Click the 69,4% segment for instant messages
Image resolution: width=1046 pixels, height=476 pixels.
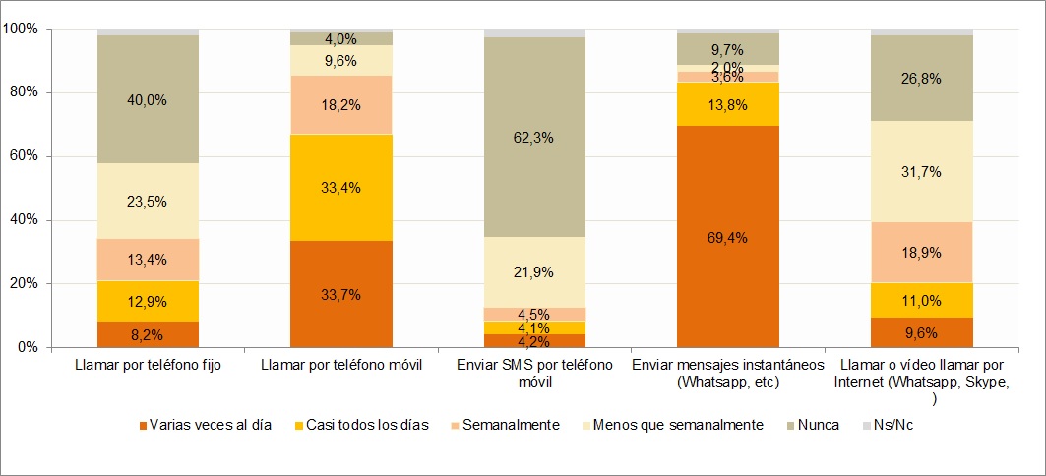728,237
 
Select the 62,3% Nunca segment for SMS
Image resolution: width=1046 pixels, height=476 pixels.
534,138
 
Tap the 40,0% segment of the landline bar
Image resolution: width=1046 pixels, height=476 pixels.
148,99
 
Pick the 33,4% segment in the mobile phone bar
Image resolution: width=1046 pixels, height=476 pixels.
340,188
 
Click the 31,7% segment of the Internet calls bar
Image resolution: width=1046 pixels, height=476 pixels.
921,172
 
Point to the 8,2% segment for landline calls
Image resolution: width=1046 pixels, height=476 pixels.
148,334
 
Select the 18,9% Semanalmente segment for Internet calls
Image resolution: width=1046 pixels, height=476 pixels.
921,252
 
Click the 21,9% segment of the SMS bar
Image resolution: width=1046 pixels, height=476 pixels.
534,272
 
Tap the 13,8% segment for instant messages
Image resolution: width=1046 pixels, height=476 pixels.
728,104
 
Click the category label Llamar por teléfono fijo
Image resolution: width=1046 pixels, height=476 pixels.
148,366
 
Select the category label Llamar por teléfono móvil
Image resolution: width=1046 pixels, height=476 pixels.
340,366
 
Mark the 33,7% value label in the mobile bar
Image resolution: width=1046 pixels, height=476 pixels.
340,294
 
